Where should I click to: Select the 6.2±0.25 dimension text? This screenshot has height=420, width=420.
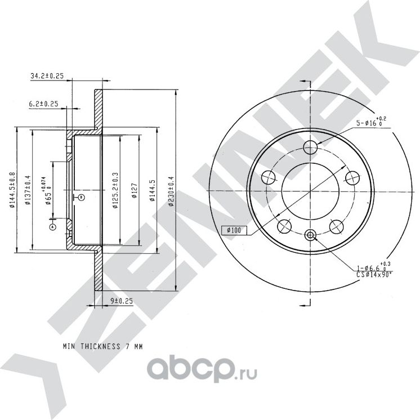click(x=44, y=104)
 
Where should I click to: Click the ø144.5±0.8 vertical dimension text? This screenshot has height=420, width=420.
click(x=12, y=191)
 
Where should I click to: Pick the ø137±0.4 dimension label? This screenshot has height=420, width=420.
click(x=28, y=191)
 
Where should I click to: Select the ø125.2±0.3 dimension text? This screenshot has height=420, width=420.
click(x=115, y=191)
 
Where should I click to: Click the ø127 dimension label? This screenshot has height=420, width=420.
click(x=135, y=191)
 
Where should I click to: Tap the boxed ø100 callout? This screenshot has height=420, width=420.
click(x=231, y=230)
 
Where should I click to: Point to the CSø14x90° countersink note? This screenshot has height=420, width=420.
click(x=373, y=274)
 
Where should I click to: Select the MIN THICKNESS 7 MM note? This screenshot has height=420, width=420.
click(x=102, y=347)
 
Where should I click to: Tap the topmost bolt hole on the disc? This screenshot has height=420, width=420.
click(x=310, y=148)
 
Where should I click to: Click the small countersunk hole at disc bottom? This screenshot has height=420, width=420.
click(x=310, y=235)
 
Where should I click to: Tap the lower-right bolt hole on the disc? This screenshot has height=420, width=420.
click(x=337, y=226)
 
